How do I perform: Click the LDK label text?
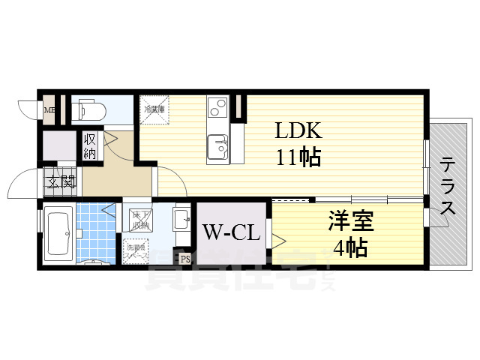pos(298,132)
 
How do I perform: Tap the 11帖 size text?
pos(298,157)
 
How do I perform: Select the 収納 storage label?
pos(90,145)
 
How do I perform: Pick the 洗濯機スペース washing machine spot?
pos(136,250)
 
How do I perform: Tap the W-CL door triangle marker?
pos(278,240)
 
